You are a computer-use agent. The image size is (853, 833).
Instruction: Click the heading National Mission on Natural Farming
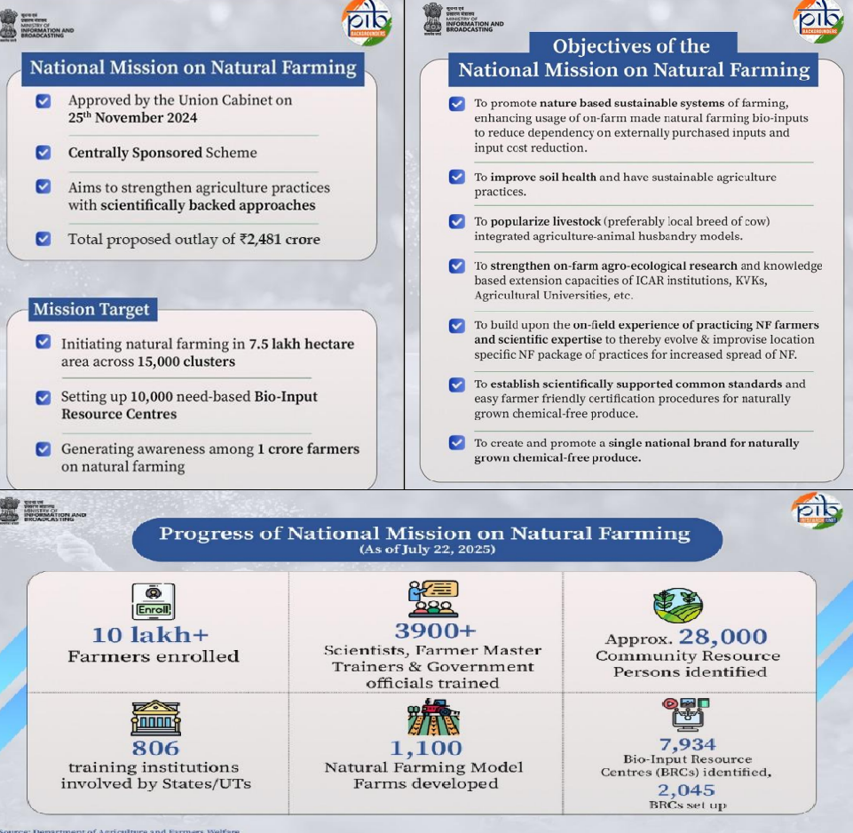coord(193,67)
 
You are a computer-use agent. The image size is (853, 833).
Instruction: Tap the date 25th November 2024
coord(132,117)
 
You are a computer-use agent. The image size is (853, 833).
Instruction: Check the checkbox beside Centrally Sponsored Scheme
coord(43,152)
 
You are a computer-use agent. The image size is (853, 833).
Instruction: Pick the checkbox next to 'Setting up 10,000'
coord(43,397)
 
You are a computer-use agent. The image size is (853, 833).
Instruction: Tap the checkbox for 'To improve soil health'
coord(456,177)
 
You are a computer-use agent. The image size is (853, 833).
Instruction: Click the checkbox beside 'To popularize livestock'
coord(456,221)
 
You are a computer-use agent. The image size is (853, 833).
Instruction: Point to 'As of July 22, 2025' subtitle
coord(427,550)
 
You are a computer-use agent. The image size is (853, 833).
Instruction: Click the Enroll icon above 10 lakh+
coord(153,601)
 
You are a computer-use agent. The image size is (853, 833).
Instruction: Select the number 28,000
coord(723,636)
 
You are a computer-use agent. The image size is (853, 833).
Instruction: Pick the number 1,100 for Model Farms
coord(426,748)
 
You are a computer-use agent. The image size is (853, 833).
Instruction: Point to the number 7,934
coord(687,743)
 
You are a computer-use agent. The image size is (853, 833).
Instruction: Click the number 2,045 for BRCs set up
coord(686,789)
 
